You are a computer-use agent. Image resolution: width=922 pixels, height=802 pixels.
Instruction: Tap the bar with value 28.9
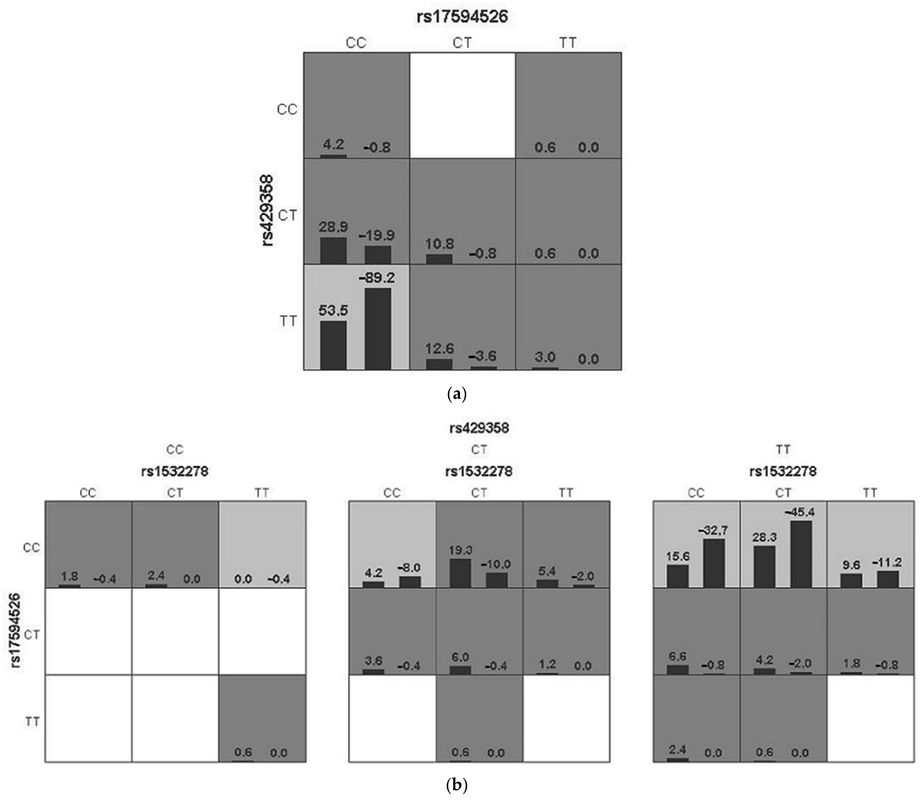click(x=333, y=251)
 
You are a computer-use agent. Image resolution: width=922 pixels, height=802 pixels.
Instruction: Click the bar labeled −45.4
click(x=801, y=554)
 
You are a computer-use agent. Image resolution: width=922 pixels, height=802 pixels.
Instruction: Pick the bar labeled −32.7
click(x=714, y=563)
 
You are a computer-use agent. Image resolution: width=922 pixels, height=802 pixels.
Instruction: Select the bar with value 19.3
click(x=460, y=573)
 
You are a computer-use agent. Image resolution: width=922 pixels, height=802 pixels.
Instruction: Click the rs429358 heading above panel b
click(x=479, y=428)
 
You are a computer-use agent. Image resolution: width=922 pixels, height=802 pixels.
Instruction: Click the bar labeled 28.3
click(x=764, y=567)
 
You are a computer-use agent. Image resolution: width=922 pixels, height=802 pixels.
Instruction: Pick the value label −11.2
click(x=888, y=562)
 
